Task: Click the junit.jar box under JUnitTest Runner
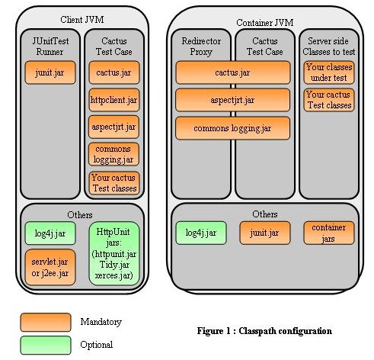(x=50, y=72)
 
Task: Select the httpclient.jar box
(x=114, y=100)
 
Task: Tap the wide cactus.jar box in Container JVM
(x=233, y=72)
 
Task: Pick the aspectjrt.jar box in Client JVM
(x=114, y=127)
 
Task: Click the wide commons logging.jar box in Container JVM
(x=232, y=128)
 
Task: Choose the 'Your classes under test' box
(x=329, y=72)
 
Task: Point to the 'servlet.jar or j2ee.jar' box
(x=50, y=267)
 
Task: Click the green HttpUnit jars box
(x=114, y=253)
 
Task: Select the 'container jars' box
(x=329, y=233)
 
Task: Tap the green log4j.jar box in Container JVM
(x=201, y=233)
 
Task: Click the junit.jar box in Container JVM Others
(x=265, y=233)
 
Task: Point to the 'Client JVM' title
(x=82, y=20)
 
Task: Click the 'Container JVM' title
(x=265, y=23)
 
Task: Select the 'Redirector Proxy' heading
(x=201, y=47)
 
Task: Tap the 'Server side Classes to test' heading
(x=329, y=47)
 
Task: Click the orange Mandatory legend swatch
(x=46, y=323)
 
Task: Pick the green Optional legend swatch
(x=46, y=346)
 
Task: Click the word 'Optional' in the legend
(x=97, y=345)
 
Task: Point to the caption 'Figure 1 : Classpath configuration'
(x=264, y=331)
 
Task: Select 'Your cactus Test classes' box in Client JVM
(x=114, y=183)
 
